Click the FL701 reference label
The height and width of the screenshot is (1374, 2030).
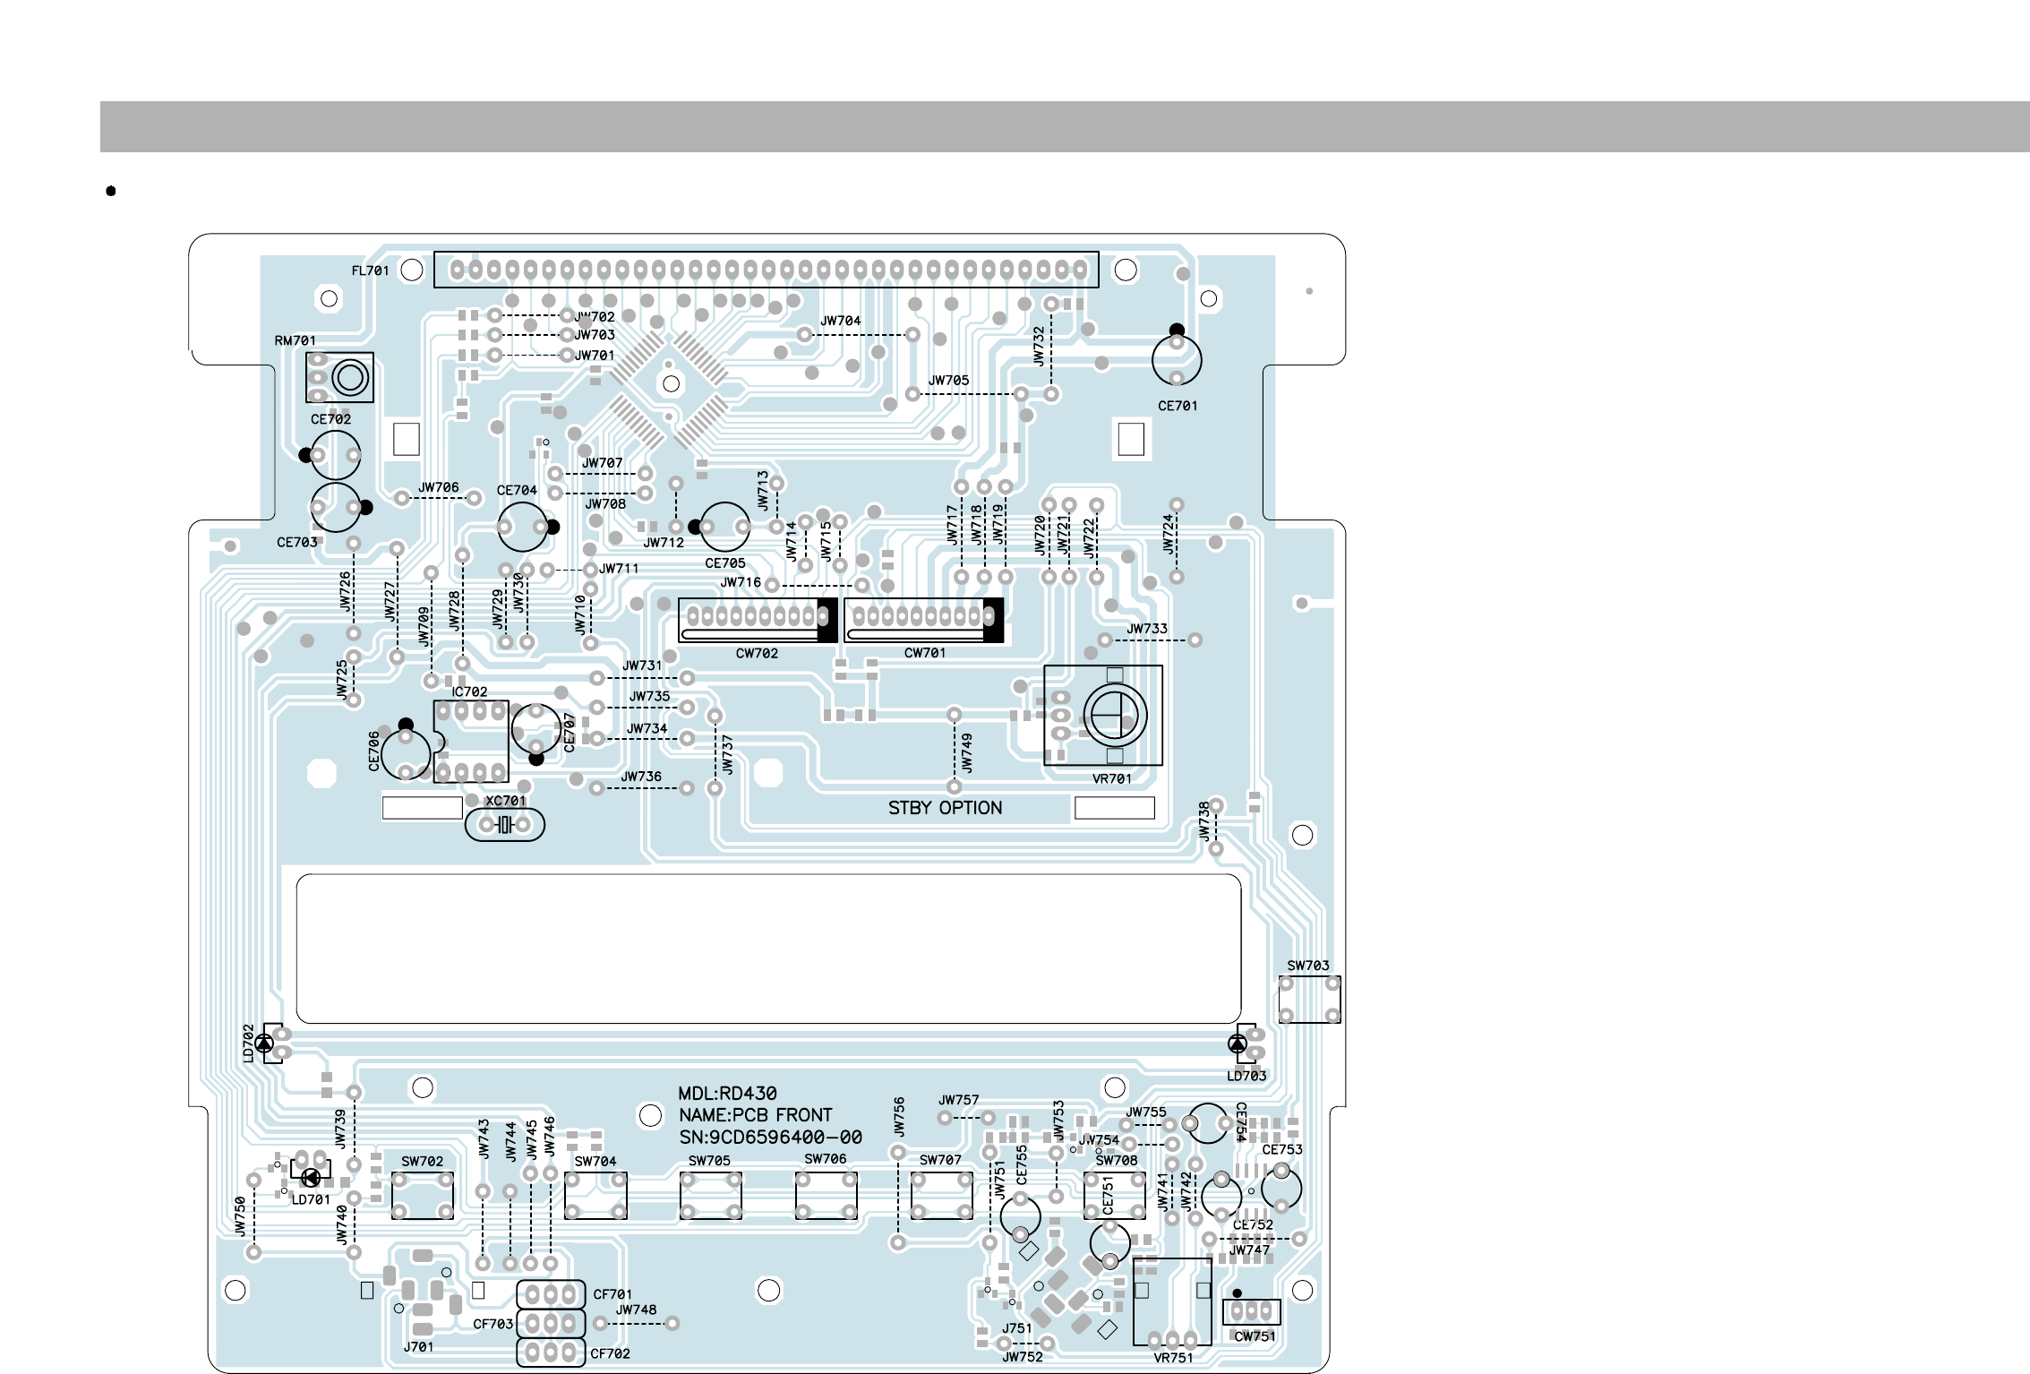point(370,271)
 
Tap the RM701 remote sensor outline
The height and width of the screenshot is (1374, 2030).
point(339,377)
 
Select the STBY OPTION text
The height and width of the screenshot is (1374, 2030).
point(945,808)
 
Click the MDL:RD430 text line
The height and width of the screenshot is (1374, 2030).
point(727,1094)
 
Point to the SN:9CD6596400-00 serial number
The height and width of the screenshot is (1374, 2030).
point(770,1138)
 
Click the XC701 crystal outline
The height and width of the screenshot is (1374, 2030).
point(505,825)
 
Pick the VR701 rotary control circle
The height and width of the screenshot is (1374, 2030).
point(1115,716)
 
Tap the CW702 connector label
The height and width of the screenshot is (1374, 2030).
point(757,654)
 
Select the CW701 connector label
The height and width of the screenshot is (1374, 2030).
point(925,653)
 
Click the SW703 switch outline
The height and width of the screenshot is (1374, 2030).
point(1309,1000)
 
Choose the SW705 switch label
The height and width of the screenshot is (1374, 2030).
point(709,1161)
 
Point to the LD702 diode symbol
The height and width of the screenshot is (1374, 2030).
point(264,1043)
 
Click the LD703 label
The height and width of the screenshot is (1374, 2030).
point(1246,1076)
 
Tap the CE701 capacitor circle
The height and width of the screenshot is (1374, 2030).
point(1177,359)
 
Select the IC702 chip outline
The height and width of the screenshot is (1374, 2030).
point(471,742)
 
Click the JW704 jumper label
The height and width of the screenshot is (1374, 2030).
point(841,321)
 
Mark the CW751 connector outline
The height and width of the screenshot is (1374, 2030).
point(1251,1312)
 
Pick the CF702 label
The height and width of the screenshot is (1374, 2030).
point(610,1353)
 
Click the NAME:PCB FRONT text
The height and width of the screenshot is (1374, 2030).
point(756,1115)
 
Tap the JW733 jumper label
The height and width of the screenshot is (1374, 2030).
point(1147,629)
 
